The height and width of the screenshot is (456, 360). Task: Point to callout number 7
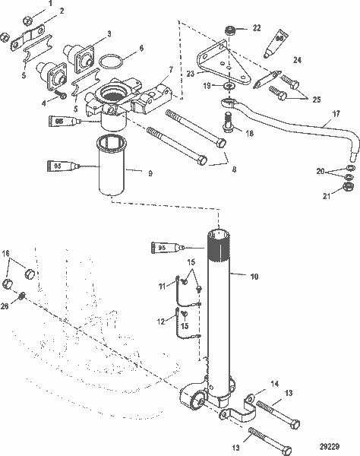click(172, 69)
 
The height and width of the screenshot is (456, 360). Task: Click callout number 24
click(297, 59)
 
